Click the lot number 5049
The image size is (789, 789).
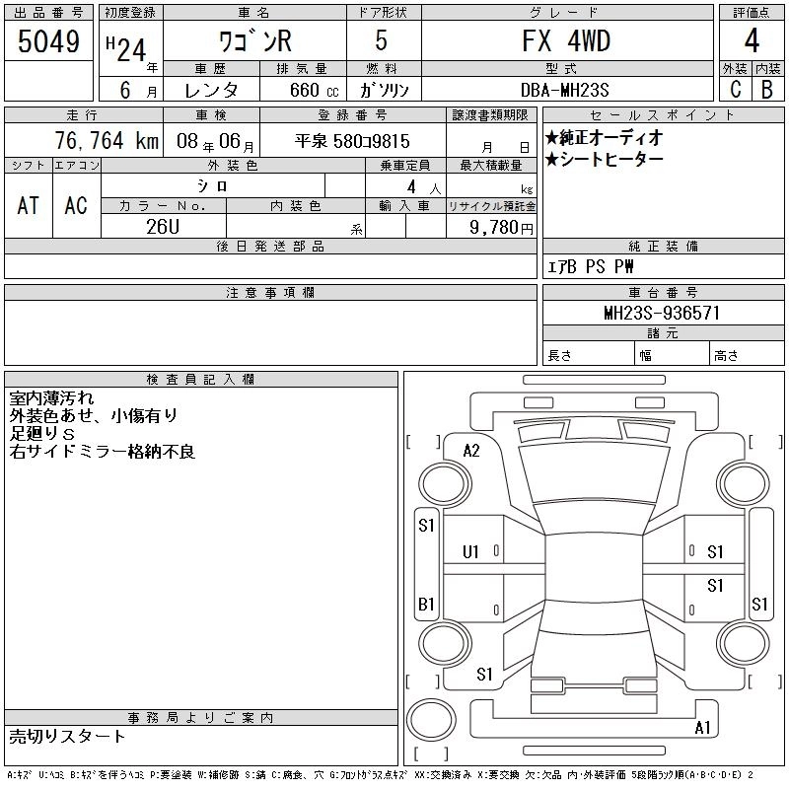[48, 41]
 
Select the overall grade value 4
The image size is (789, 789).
[752, 40]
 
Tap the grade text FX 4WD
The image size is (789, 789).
[566, 40]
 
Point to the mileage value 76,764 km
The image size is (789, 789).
[107, 140]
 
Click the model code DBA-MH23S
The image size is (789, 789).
[564, 90]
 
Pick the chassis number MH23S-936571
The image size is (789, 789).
[662, 313]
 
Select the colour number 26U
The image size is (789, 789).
[163, 227]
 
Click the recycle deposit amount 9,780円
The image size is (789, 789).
[501, 227]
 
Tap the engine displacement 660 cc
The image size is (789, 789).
[314, 90]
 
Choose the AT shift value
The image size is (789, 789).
[29, 205]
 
